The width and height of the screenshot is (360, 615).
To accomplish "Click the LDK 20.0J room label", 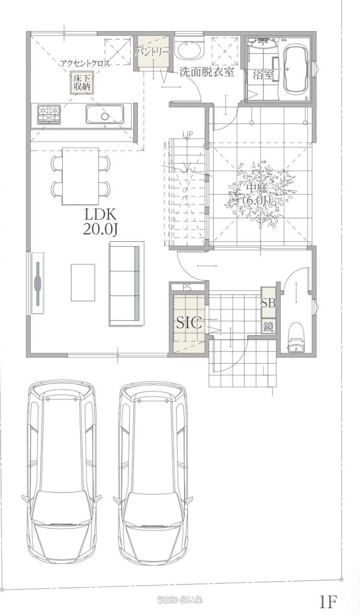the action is click(x=101, y=222).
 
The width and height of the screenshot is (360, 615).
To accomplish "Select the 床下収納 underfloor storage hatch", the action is click(x=82, y=82).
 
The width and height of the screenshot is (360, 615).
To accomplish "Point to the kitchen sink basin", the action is click(x=105, y=114).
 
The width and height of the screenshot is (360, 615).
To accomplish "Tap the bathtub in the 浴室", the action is click(x=296, y=69).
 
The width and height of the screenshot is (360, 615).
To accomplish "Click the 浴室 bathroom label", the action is click(x=263, y=74).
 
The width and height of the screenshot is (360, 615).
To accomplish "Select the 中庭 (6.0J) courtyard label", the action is click(x=256, y=194).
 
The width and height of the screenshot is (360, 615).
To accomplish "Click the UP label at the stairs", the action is click(x=188, y=134).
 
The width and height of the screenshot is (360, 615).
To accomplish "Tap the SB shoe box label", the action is click(x=268, y=303).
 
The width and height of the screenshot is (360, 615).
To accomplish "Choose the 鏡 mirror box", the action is click(x=268, y=326).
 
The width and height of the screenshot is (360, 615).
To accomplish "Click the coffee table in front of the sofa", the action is click(x=83, y=283).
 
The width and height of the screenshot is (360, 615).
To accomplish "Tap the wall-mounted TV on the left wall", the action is click(x=38, y=283).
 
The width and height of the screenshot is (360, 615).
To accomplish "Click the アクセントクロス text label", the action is click(x=85, y=64).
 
